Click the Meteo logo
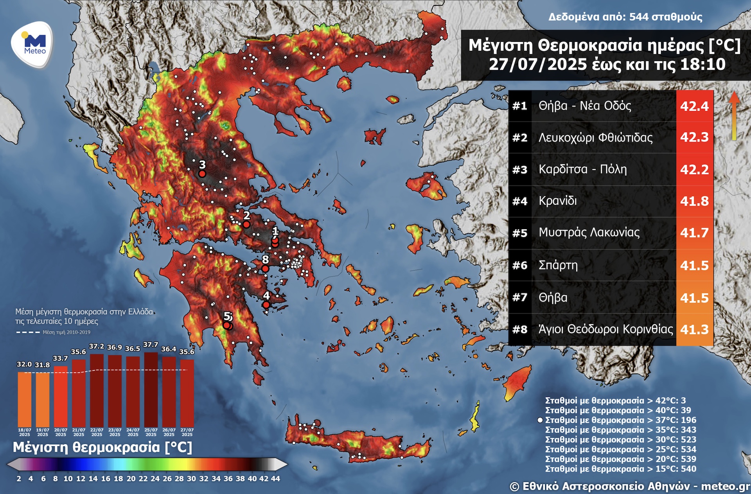[x=33, y=44]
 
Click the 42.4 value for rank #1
[x=694, y=106]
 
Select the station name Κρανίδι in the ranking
[x=558, y=201]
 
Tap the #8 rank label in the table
[x=520, y=329]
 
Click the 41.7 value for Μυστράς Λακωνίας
[x=694, y=233]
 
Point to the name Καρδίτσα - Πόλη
[x=582, y=169]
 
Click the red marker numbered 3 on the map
[x=202, y=174]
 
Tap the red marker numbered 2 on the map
[x=246, y=224]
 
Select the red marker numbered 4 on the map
[x=266, y=305]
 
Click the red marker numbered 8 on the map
[x=265, y=269]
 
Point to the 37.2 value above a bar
[x=97, y=347]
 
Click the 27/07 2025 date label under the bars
[x=187, y=432]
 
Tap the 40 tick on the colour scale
[x=252, y=478]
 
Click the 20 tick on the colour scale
[x=131, y=478]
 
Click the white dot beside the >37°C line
[x=540, y=420]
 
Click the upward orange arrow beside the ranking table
[x=734, y=115]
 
